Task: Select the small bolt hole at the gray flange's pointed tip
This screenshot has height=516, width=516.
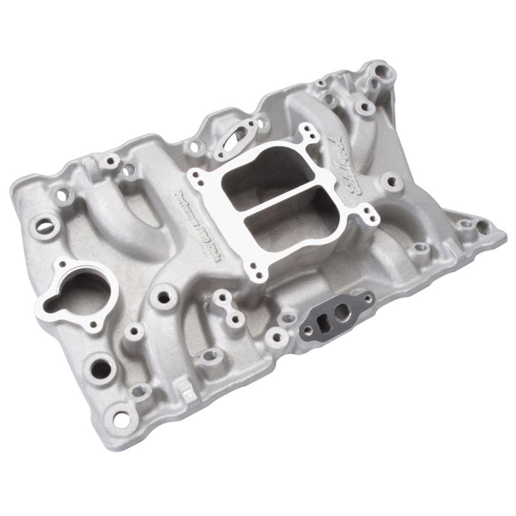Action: [368, 298]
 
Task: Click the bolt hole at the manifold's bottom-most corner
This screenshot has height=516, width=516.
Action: [120, 418]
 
